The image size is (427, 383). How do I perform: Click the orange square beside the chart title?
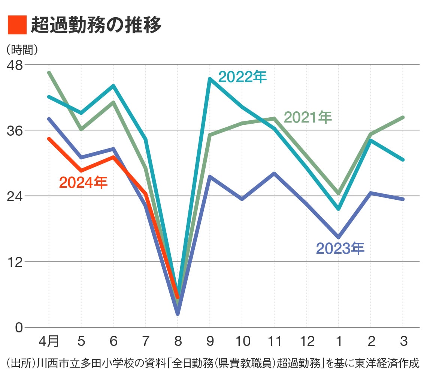coord(17,25)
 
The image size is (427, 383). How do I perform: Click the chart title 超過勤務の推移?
coord(96,25)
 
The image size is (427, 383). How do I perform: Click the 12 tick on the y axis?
coord(16,262)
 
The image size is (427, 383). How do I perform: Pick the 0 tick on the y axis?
coord(19,327)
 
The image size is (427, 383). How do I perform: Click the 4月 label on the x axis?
coord(49,341)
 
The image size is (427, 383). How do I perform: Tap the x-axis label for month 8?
coord(178,341)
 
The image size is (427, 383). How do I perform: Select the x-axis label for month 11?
coord(274,341)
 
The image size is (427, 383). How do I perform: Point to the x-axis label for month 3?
coord(403,341)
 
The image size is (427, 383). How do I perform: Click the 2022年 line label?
coord(242,77)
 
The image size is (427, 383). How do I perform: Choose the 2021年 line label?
coord(308,117)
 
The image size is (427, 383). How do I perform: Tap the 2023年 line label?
coord(340,248)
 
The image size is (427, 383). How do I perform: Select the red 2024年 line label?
coord(83,183)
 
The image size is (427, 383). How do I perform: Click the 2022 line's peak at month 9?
coord(210,79)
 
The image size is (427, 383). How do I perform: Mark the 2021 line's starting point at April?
coord(49,73)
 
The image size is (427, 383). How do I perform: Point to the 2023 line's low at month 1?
coord(339,237)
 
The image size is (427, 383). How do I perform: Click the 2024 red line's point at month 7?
coord(146,194)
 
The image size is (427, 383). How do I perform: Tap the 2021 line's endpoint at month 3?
coord(403,118)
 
